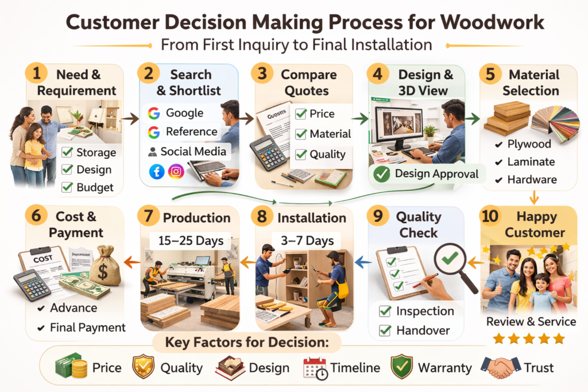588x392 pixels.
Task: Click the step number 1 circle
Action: tap(36, 73)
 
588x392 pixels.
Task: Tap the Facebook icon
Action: tap(157, 172)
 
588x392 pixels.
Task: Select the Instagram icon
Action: tap(176, 172)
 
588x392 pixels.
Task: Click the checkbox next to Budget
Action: tap(67, 187)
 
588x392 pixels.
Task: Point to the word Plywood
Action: tap(529, 144)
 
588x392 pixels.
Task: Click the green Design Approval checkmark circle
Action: tap(381, 174)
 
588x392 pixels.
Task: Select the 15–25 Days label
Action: tap(191, 240)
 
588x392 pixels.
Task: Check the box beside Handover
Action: tap(385, 331)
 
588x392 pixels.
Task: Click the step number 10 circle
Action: tap(490, 216)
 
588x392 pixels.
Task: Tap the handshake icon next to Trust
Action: tap(501, 367)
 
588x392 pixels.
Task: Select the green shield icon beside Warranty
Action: tap(401, 367)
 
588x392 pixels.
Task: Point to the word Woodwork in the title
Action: tap(492, 22)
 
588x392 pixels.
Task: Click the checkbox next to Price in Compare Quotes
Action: tap(301, 114)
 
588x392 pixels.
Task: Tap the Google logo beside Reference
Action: tap(154, 132)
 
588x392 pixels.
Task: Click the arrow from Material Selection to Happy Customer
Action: tap(534, 197)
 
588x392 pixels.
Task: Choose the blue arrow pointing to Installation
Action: tap(363, 262)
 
